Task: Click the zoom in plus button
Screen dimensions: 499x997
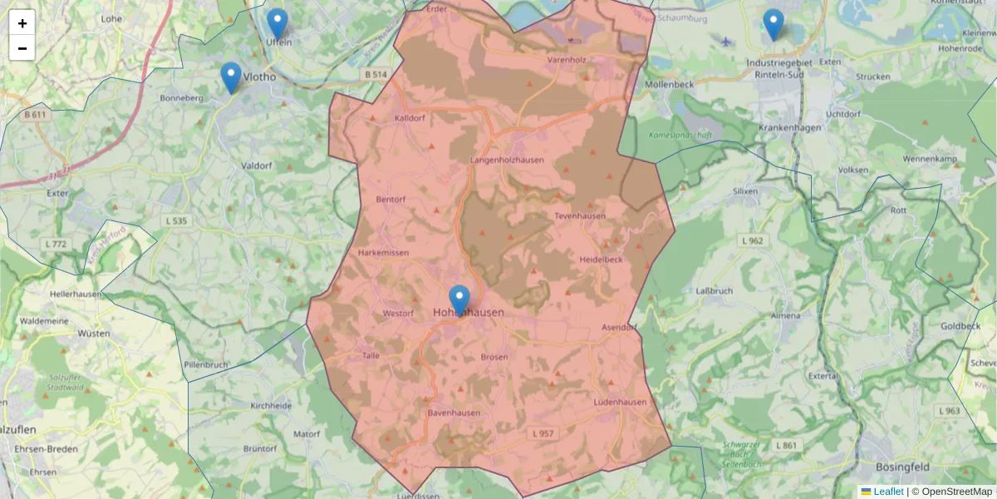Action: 22,23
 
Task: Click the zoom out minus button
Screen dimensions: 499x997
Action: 22,48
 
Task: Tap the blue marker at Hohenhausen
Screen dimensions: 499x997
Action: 459,300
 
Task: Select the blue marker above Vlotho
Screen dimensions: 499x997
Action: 231,77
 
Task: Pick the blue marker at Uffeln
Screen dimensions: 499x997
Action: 277,24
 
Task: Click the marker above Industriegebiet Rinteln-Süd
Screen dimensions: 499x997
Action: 774,24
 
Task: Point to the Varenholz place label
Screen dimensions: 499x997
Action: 567,60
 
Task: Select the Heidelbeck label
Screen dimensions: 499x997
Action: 601,259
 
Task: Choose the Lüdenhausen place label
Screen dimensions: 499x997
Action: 620,403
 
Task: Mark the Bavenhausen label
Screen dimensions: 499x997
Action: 454,413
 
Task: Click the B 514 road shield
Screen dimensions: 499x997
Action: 376,75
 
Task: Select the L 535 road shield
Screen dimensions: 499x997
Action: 176,221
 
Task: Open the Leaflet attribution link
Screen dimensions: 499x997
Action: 888,492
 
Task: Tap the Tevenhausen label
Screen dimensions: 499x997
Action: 580,216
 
